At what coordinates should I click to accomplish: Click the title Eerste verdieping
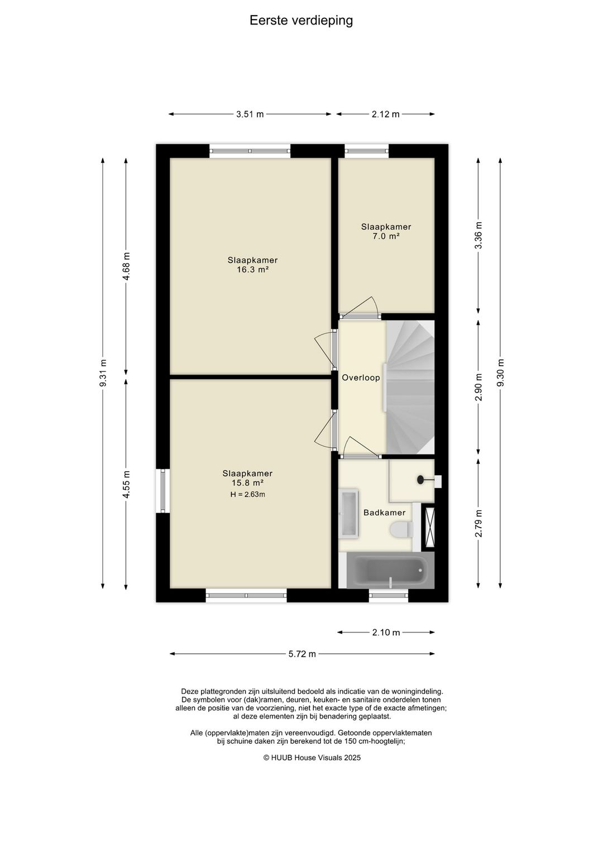click(x=301, y=21)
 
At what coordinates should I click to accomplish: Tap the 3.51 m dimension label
click(x=250, y=114)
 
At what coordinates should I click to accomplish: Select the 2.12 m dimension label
click(x=385, y=114)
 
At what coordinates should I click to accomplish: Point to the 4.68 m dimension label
click(x=126, y=266)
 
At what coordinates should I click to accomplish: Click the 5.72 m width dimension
click(x=302, y=654)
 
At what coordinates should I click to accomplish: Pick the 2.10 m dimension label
click(x=386, y=632)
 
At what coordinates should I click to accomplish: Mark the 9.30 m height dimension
click(x=501, y=373)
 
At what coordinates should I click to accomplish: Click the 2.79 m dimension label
click(x=478, y=523)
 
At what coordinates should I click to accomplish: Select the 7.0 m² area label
click(x=386, y=236)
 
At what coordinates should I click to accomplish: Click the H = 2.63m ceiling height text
click(x=248, y=495)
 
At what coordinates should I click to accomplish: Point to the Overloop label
click(x=361, y=377)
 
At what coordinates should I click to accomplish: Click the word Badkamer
click(x=384, y=513)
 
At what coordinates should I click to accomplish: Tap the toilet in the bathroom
click(x=402, y=529)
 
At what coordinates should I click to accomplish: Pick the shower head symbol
click(x=422, y=480)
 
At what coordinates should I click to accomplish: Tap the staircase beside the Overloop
click(x=410, y=387)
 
